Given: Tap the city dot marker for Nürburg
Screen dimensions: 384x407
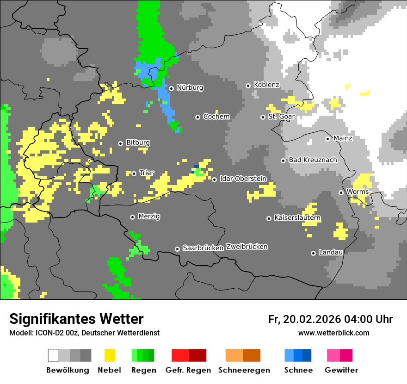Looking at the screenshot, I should pos(171,88).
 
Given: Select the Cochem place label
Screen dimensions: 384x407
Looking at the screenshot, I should pos(216,117).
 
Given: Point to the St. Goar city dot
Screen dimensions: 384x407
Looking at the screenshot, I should pos(263,117).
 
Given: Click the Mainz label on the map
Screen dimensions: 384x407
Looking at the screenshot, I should pos(343,138).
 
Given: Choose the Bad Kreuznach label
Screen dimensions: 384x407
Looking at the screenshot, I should pos(313,160).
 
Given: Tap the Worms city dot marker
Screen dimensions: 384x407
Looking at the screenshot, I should pos(341,192).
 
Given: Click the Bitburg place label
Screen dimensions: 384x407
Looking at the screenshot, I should pos(138,143).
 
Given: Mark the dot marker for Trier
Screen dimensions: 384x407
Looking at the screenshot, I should pos(134,173).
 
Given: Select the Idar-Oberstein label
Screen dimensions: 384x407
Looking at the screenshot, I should pos(243,179).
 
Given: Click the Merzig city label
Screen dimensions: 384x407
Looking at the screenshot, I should pos(148,217).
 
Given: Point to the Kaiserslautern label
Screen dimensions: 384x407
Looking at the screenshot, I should pos(297,218).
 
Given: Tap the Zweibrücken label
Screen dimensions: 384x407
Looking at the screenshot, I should pos(247,247).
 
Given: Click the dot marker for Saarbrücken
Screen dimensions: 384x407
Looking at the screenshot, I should pos(177,249).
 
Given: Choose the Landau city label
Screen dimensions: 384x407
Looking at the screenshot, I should pos(331,253).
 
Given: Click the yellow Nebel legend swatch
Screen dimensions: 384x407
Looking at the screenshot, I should pos(110,355).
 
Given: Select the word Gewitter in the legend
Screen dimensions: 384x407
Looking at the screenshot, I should pos(341,370).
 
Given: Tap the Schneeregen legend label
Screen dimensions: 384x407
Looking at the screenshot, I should pos(244,370).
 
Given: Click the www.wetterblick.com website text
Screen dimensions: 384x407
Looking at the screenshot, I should pos(333,333).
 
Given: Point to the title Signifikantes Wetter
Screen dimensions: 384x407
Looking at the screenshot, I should pos(76,319).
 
